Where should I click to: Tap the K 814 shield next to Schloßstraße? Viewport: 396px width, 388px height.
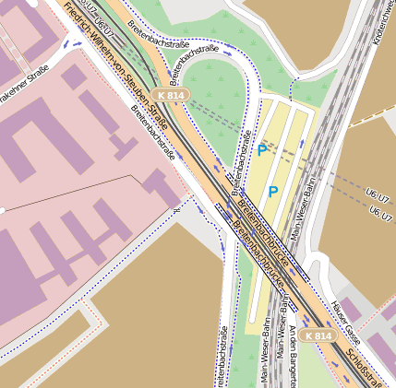(318, 335)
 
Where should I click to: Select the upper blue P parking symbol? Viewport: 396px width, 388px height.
(263, 149)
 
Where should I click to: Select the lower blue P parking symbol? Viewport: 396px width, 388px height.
(273, 192)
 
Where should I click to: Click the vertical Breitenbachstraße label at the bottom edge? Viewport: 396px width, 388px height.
(222, 356)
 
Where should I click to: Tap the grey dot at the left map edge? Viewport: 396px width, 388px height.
(3, 211)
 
